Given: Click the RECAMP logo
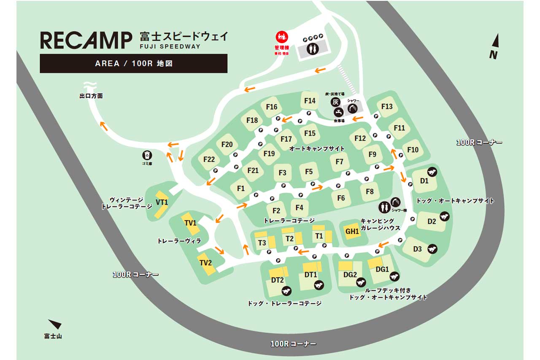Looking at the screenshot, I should [x=86, y=41].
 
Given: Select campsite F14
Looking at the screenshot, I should [x=310, y=101].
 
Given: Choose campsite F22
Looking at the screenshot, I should [x=209, y=160].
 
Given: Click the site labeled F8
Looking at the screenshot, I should [x=370, y=192].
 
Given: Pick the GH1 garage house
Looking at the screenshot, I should [x=352, y=231].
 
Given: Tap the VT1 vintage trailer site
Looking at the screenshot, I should [x=162, y=203].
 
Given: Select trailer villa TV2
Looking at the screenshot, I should [x=205, y=263].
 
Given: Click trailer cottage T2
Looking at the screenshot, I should [x=289, y=238].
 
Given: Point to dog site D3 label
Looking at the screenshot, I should [x=417, y=249].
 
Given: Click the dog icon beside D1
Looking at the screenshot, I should [x=432, y=171].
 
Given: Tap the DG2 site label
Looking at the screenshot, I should [x=350, y=275].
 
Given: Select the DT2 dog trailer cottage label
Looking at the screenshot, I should [x=277, y=280].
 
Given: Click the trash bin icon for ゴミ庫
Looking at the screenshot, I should [x=147, y=155].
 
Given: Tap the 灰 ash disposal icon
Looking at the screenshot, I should [x=335, y=102].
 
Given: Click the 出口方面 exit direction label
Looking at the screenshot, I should [x=91, y=96].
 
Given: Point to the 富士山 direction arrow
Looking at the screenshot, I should [x=55, y=324].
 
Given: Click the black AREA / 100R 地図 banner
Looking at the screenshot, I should [x=133, y=64].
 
